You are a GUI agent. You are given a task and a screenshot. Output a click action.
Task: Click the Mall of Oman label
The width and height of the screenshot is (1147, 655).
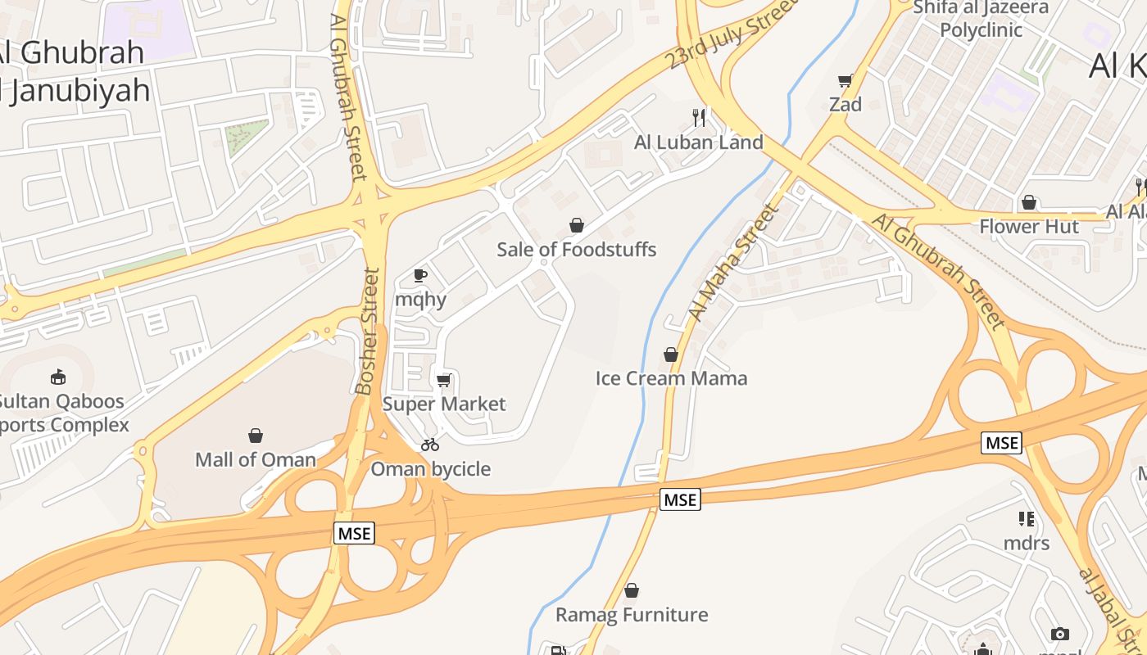[256, 459]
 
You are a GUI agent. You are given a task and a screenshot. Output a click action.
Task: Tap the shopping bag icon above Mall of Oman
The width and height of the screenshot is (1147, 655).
[256, 435]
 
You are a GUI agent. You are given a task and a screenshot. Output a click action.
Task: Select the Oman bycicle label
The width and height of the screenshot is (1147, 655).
[431, 469]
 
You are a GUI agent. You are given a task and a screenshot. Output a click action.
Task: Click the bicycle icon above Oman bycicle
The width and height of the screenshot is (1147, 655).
[430, 445]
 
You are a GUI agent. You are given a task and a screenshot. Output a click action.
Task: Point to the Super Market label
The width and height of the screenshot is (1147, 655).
[444, 404]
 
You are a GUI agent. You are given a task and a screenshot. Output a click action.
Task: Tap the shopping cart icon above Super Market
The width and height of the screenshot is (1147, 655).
[444, 380]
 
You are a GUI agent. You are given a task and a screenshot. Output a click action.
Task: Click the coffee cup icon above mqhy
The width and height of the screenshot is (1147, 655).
[420, 275]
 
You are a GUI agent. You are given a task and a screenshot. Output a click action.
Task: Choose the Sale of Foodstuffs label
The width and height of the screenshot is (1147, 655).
[577, 249]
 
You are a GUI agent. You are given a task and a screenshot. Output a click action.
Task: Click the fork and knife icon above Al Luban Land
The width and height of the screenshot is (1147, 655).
[699, 117]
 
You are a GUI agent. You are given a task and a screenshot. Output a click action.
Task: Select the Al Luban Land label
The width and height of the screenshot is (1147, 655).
[699, 142]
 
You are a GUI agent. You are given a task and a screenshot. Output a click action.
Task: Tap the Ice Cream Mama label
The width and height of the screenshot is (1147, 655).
[671, 378]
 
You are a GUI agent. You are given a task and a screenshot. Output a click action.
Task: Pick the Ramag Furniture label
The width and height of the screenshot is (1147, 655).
[632, 614]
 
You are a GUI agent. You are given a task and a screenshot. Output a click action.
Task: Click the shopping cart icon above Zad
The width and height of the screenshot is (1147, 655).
[846, 80]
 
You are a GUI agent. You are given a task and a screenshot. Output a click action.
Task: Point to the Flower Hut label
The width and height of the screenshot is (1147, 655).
[1030, 226]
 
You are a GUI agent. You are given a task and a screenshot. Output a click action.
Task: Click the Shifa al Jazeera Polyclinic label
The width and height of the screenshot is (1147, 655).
[981, 19]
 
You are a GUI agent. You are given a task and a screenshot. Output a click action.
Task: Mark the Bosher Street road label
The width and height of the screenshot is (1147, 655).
[368, 331]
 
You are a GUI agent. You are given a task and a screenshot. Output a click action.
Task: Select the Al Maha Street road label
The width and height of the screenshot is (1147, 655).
[732, 262]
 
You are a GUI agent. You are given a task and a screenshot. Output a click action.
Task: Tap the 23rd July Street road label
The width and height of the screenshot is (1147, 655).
[732, 34]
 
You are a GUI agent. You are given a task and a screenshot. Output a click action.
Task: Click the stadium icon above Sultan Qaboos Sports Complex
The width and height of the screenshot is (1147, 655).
[58, 377]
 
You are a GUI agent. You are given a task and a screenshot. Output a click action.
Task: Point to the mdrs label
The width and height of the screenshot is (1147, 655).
[1027, 542]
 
